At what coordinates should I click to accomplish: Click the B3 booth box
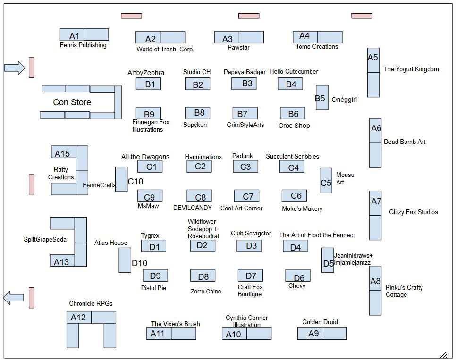[244, 84]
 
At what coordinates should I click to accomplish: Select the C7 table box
[246, 196]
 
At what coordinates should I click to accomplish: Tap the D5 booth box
[328, 260]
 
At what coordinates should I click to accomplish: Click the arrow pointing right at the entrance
[15, 67]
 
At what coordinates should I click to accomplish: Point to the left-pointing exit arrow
[13, 298]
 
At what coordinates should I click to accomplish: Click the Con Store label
[72, 102]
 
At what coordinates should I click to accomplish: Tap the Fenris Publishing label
[83, 45]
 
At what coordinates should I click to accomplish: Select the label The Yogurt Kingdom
[411, 69]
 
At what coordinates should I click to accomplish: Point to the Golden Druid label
[320, 322]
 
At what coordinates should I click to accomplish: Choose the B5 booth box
[321, 98]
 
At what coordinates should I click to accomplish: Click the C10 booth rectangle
[121, 179]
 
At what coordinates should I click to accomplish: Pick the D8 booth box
[203, 276]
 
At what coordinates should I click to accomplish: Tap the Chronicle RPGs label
[91, 304]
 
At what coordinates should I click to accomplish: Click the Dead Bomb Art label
[405, 142]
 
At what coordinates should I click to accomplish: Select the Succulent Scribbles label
[292, 157]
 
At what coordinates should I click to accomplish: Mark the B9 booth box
[148, 113]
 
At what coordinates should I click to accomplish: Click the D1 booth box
[153, 246]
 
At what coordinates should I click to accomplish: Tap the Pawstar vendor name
[238, 48]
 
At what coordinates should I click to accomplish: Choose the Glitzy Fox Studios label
[414, 212]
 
